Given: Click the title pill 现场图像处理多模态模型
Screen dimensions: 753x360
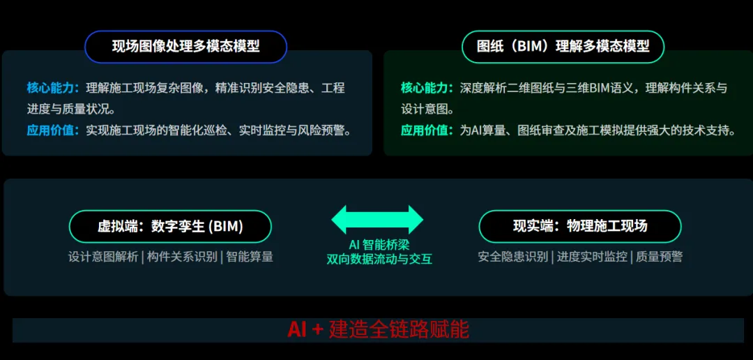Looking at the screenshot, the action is coord(186,47).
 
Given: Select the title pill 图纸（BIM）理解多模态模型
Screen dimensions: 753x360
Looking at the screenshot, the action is coord(563,47).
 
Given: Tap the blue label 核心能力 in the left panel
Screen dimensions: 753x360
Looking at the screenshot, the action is coord(50,88).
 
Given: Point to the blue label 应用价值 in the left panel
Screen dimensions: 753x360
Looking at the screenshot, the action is coord(50,130).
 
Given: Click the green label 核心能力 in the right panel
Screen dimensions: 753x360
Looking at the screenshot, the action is coord(424,88).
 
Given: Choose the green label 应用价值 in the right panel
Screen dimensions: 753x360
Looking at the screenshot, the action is coord(424,130).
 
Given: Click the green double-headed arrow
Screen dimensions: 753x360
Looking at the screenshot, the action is coord(377,220).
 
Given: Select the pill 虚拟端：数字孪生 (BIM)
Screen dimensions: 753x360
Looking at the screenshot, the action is coord(171,226).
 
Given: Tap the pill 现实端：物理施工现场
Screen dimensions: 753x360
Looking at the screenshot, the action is coord(580,226).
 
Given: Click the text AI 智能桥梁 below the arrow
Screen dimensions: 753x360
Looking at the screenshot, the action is coord(379,244).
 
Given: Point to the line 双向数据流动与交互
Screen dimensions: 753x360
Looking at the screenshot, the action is coord(379,259).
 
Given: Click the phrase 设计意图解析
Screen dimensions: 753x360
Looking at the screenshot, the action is coord(103,257).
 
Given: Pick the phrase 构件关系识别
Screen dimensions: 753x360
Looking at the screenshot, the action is coord(182,257).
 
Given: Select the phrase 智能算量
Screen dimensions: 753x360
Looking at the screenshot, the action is coord(249,257).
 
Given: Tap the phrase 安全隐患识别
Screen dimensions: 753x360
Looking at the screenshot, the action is coord(513,257).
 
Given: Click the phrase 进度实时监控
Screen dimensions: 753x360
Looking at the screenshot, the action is coord(592,257).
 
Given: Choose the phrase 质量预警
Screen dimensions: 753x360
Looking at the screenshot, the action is coord(659,257).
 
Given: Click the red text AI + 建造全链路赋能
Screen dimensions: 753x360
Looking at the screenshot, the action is coord(378,330).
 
